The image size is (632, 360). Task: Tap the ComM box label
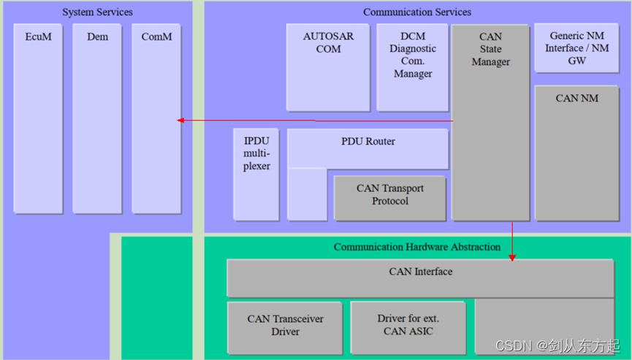tap(156, 36)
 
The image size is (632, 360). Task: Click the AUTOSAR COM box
tap(328, 68)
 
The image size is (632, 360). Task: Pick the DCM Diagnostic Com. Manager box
tap(413, 68)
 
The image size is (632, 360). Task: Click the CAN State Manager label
tap(490, 49)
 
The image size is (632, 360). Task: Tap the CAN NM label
tap(576, 98)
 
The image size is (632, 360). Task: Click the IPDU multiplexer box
tap(256, 174)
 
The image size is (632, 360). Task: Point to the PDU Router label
tap(368, 141)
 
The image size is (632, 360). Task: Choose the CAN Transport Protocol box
tap(389, 198)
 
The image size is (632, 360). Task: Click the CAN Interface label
tap(420, 272)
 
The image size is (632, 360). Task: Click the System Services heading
tap(97, 12)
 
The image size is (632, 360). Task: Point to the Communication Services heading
tap(417, 12)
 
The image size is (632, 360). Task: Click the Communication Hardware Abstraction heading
tap(417, 247)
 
